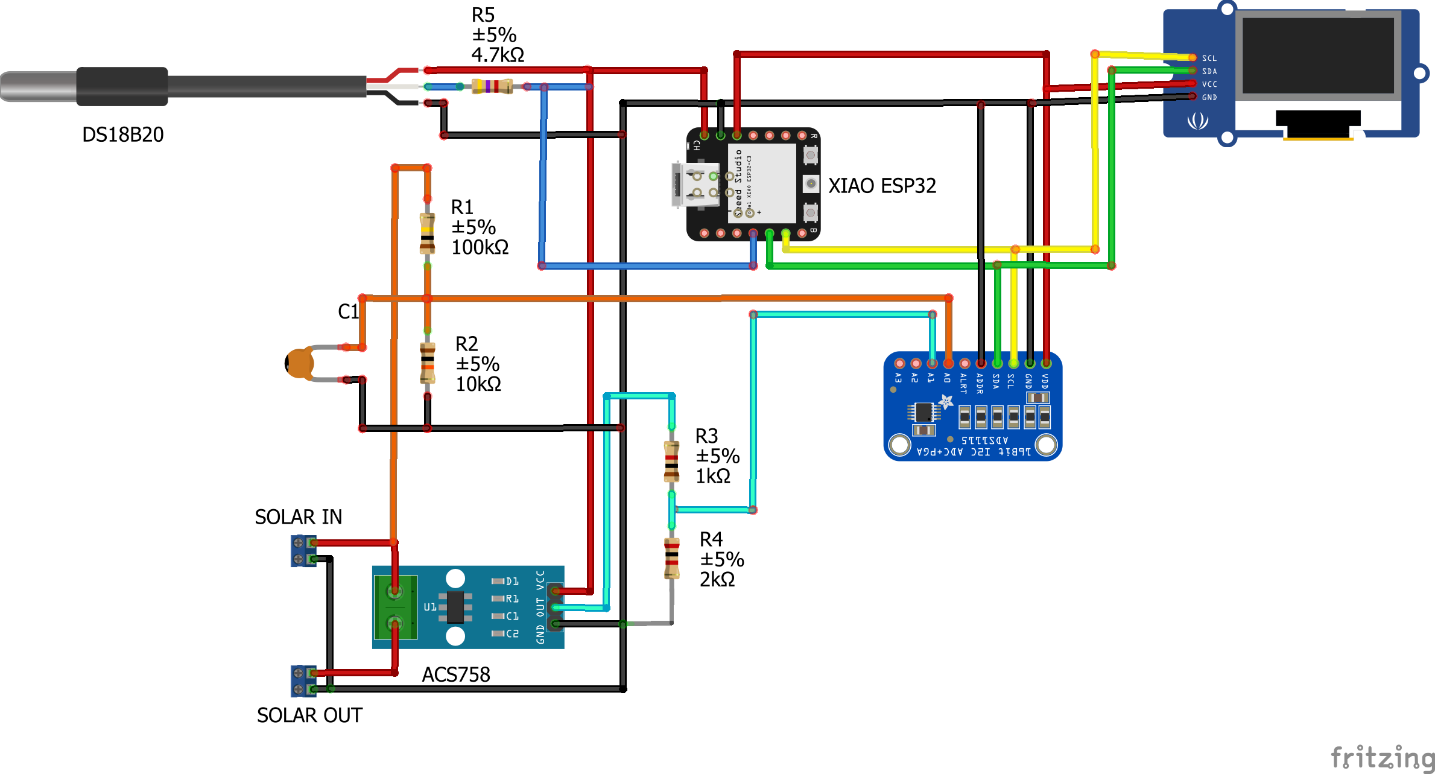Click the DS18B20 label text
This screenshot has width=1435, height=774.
[122, 134]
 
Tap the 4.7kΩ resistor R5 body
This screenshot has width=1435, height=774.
[492, 86]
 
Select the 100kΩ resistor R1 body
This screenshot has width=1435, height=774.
[427, 233]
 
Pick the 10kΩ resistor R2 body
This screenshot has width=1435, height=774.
[427, 363]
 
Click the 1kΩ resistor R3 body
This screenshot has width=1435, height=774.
[671, 462]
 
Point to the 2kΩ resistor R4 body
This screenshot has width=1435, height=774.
[671, 558]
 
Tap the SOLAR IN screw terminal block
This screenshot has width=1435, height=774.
[303, 551]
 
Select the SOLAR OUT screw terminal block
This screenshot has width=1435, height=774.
[303, 681]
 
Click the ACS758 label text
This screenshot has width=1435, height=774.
[455, 674]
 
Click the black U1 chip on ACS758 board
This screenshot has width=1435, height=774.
[455, 607]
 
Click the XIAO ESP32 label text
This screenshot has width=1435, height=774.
[882, 186]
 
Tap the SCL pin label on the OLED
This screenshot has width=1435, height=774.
[1209, 59]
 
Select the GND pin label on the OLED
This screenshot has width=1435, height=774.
[1209, 97]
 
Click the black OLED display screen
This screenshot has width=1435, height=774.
[1317, 56]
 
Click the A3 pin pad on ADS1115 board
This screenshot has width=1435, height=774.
[899, 363]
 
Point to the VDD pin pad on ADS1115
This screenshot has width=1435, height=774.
[1046, 363]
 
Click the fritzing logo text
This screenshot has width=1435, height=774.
[1381, 757]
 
